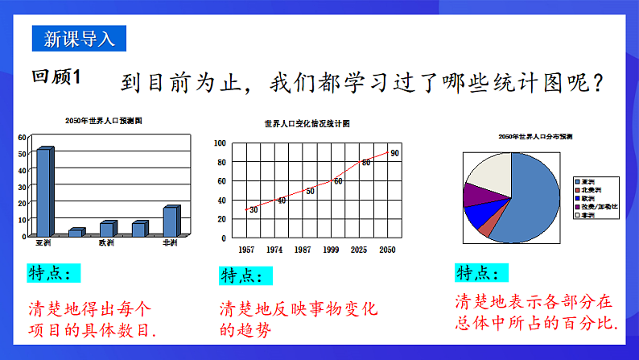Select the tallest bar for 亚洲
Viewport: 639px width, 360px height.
[45, 192]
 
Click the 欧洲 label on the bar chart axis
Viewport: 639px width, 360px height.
[107, 242]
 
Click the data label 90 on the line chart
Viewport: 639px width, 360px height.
[394, 153]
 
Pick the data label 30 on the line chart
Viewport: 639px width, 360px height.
[254, 209]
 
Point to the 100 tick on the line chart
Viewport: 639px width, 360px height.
[220, 143]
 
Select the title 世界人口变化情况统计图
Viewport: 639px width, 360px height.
[307, 125]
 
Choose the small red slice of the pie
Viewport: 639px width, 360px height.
[485, 226]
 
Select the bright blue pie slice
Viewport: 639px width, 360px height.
[479, 213]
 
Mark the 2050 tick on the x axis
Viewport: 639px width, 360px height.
[388, 250]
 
